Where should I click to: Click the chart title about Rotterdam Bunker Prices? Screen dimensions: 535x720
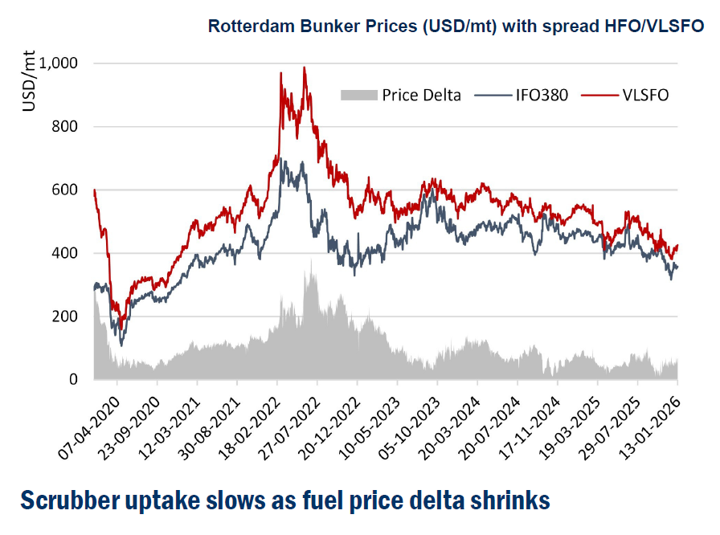(x=456, y=26)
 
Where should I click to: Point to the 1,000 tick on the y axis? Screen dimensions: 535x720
(x=66, y=63)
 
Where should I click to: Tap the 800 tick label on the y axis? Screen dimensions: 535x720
(x=72, y=127)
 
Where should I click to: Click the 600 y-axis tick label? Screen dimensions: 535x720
(x=72, y=190)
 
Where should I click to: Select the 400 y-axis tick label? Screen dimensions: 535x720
(x=72, y=254)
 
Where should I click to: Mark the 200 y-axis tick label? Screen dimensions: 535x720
(x=72, y=317)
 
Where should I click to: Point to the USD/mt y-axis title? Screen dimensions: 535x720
(x=29, y=80)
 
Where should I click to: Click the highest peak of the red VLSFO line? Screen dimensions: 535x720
(x=305, y=67)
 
